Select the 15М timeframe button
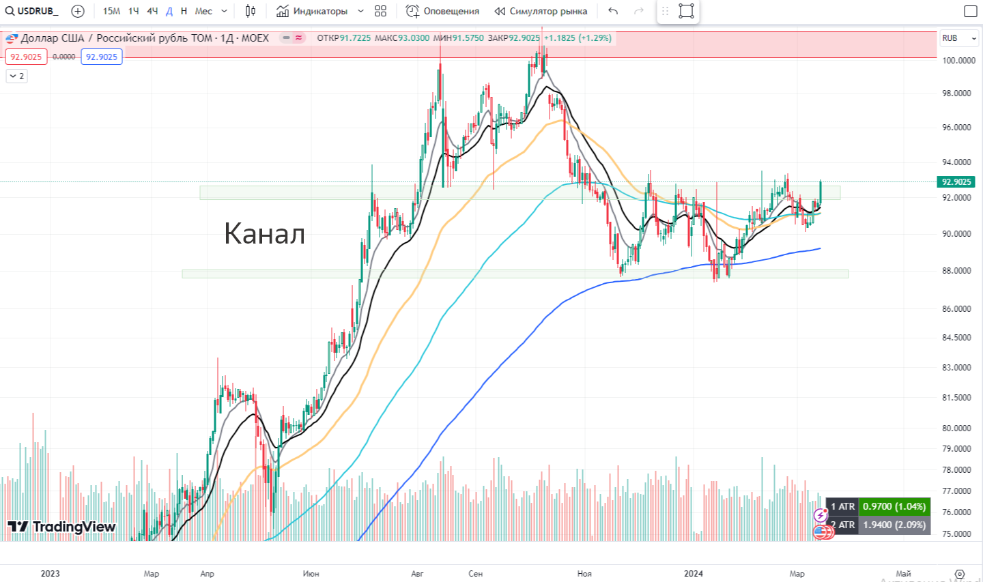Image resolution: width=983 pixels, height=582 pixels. coord(111,11)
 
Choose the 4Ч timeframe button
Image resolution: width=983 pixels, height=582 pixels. coord(152,11)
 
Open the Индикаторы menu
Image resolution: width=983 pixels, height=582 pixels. coord(313,11)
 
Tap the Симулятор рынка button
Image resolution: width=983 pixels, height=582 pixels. coord(541,11)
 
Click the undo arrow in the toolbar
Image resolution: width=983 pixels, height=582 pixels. coord(613,11)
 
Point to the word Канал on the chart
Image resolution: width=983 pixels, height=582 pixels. coord(264,233)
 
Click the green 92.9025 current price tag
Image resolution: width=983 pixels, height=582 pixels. coord(956,181)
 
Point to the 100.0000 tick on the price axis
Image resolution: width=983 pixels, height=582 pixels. coord(958,60)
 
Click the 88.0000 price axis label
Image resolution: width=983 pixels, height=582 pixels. coord(956,270)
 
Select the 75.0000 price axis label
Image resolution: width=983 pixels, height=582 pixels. coord(956,534)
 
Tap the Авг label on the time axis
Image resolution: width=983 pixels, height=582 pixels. coord(417,573)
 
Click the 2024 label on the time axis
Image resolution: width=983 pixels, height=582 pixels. coord(693,573)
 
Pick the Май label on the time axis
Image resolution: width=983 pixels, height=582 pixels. coord(903,573)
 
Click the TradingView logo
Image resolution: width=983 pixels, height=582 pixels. coord(62,526)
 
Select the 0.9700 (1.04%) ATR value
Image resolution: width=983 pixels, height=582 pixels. coord(894,506)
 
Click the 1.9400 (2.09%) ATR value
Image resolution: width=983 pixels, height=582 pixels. coord(894,525)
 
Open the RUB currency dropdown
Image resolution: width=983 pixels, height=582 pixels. coord(959,38)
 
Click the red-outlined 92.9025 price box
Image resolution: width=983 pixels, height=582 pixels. coord(26,57)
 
